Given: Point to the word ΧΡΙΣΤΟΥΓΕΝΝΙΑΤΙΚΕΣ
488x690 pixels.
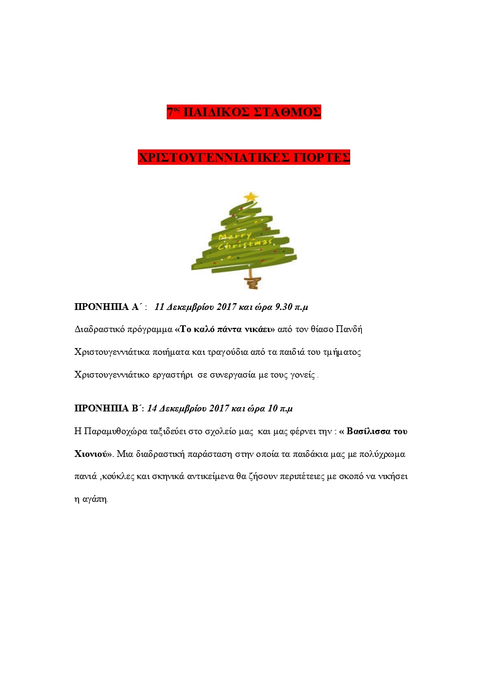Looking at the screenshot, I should point(214,157).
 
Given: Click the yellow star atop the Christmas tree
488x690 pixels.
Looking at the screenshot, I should point(250,196).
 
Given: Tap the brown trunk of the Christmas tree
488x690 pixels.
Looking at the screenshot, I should point(250,282).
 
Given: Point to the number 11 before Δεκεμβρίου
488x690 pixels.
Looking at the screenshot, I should point(159,306).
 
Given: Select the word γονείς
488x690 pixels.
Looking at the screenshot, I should point(300,374).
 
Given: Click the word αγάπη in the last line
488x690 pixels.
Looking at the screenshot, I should point(95,499).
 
